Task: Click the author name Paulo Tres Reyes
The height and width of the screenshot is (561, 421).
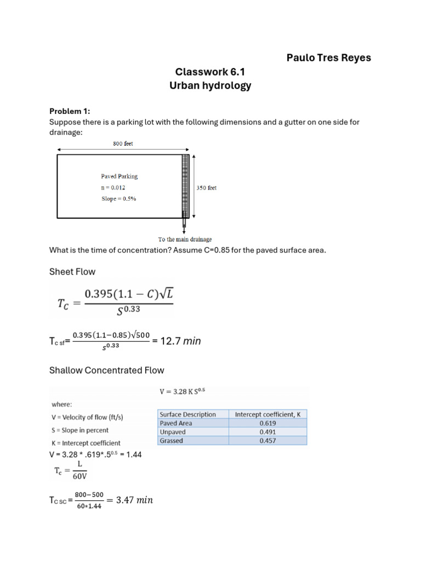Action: (328, 58)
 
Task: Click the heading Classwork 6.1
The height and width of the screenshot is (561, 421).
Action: (210, 72)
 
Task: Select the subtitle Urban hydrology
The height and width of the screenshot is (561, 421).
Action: (210, 86)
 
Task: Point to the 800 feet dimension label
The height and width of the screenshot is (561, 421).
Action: (123, 144)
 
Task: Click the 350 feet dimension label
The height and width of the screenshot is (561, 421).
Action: (206, 187)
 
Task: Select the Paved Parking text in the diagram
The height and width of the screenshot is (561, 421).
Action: (119, 176)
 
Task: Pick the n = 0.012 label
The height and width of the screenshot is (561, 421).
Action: (113, 187)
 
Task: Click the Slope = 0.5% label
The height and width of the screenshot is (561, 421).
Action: (118, 198)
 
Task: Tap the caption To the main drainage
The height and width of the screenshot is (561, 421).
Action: (185, 239)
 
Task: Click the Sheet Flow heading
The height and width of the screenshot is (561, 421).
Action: (73, 272)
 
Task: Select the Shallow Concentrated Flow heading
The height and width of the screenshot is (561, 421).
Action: (106, 370)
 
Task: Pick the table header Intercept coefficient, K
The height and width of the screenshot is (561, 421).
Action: (268, 415)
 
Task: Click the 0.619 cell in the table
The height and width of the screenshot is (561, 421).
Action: (268, 423)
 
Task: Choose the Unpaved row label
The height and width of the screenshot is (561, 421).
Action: (172, 432)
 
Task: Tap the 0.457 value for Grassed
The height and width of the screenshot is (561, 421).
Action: (268, 441)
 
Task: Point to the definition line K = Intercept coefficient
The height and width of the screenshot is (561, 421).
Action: (86, 443)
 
